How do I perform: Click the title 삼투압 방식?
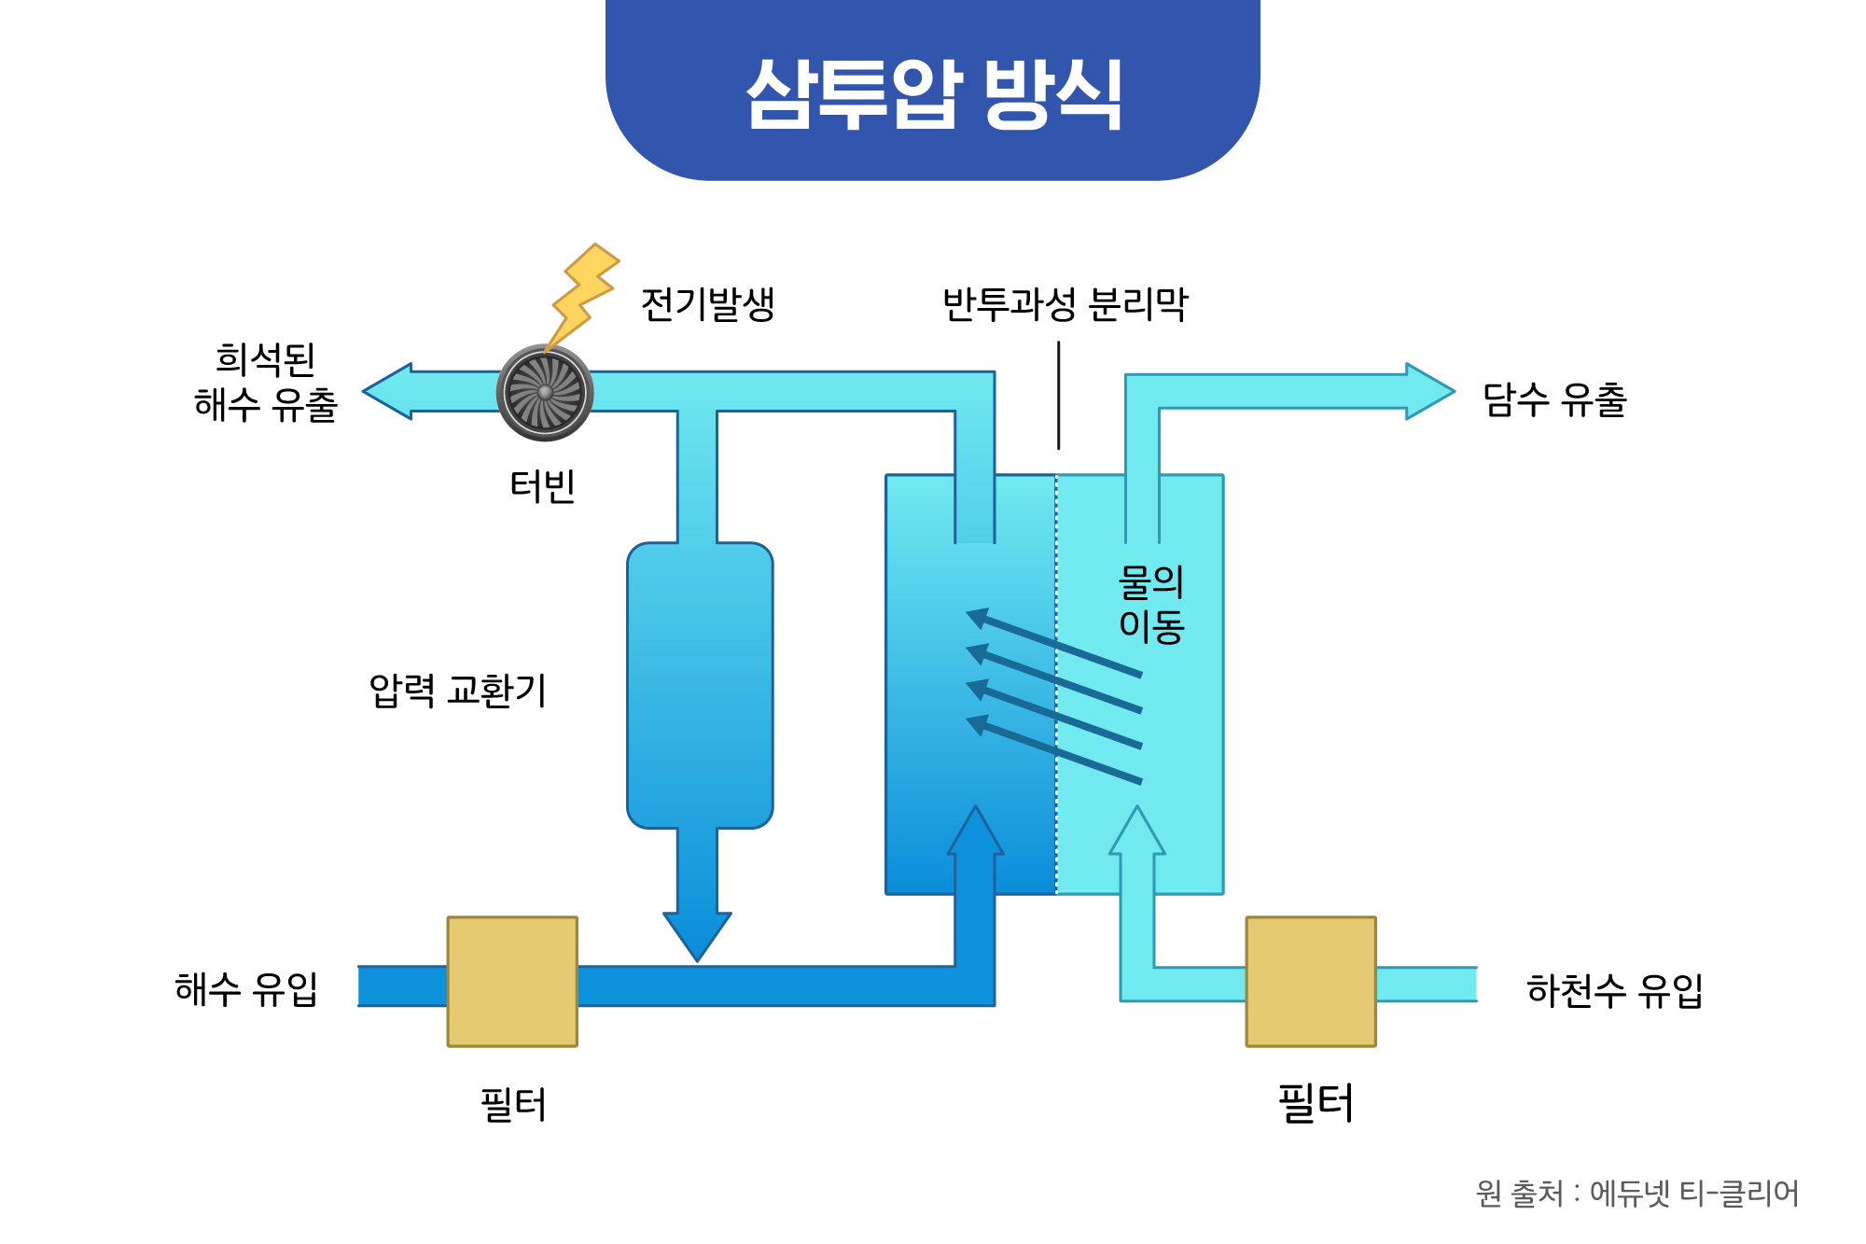point(933,93)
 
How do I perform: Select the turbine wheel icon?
point(546,392)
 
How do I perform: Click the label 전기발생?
point(708,304)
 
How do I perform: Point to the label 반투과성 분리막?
point(1065,304)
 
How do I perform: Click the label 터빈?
point(542,486)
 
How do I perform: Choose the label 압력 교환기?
point(457,691)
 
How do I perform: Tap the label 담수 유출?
point(1554,400)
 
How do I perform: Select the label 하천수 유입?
point(1614,990)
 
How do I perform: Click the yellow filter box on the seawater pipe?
point(512,982)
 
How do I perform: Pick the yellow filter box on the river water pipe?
point(1311,982)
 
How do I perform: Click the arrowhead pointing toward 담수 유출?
point(1427,391)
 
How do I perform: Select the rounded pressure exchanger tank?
point(700,686)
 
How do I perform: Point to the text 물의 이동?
point(1151,604)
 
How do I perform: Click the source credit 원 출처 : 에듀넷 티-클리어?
point(1636,1193)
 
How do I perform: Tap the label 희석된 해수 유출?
point(265,383)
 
